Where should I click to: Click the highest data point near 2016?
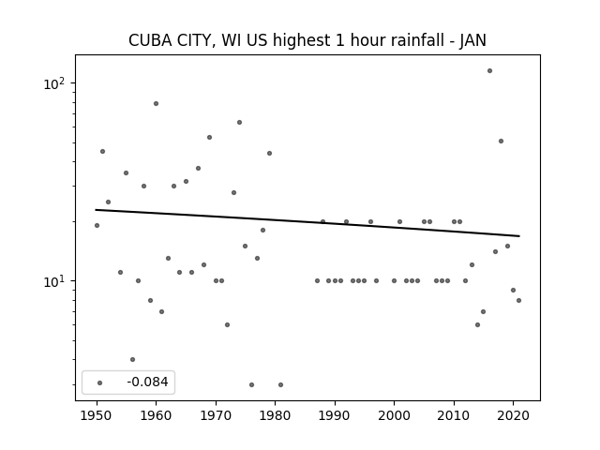coord(489,71)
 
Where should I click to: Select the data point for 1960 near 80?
coord(157,104)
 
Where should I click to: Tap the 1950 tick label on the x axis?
coord(97,415)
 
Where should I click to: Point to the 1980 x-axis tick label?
coord(275,415)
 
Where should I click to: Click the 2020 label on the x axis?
coord(513,415)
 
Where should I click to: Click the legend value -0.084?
coord(147,382)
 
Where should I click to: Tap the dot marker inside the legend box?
coord(100,382)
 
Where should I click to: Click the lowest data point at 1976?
coord(251,385)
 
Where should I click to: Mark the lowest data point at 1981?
coord(281,385)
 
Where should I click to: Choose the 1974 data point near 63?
coord(240,123)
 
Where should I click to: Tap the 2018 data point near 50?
coord(501,142)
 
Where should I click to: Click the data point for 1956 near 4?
coord(132,360)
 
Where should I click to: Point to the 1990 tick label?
coord(335,415)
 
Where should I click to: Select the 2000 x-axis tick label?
coord(394,415)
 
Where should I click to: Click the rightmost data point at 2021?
coord(518,300)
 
